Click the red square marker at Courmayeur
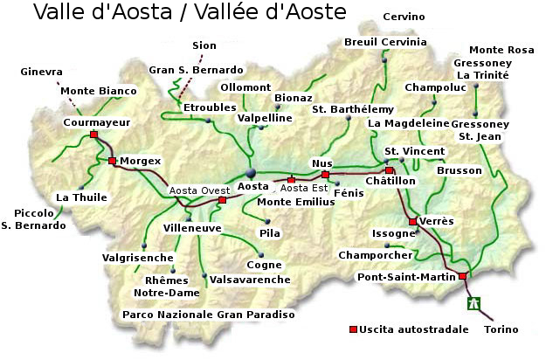(x=93, y=135)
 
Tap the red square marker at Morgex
(x=112, y=161)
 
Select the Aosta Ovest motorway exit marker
(x=222, y=200)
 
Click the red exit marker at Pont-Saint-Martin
(x=463, y=276)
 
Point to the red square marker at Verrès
(x=412, y=222)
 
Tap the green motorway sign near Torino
(x=473, y=304)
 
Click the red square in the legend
(x=354, y=329)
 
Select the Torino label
(x=501, y=329)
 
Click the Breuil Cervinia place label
(x=385, y=42)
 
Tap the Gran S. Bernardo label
(x=196, y=69)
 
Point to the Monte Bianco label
(x=99, y=91)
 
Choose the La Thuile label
(x=81, y=197)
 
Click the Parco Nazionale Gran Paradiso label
(x=208, y=314)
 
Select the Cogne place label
(x=264, y=265)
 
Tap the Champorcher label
(x=375, y=254)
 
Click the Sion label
(x=204, y=45)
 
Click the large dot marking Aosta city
(x=251, y=173)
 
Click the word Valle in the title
(x=62, y=13)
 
